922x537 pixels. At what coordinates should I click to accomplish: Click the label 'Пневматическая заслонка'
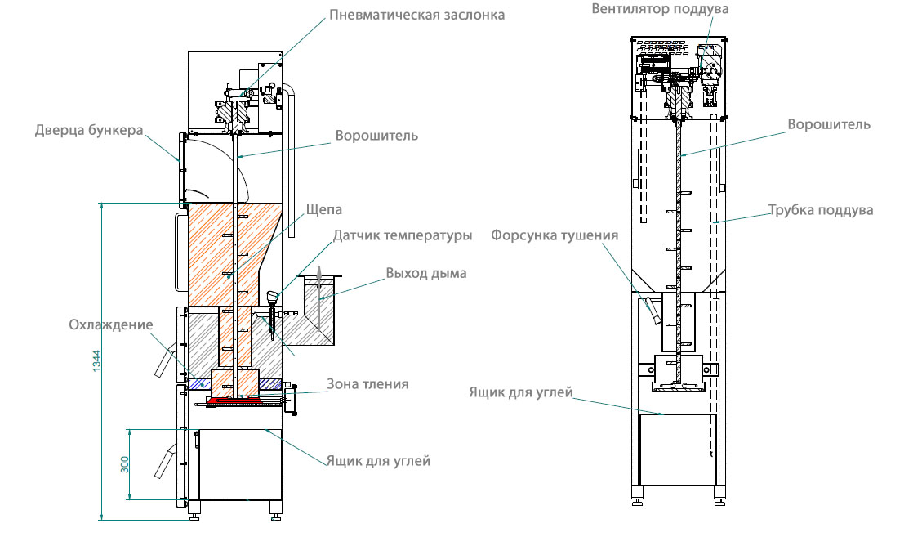pyautogui.click(x=416, y=14)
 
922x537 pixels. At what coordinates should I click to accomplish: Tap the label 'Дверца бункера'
pyautogui.click(x=89, y=130)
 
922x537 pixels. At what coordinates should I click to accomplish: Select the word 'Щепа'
pyautogui.click(x=323, y=209)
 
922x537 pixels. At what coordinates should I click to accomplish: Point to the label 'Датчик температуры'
pyautogui.click(x=402, y=235)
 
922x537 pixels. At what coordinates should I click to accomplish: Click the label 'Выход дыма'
pyautogui.click(x=425, y=273)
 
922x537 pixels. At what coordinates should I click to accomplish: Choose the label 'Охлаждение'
pyautogui.click(x=110, y=324)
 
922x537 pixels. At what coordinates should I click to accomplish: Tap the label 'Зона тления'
pyautogui.click(x=367, y=384)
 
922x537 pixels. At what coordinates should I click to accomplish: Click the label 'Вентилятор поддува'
pyautogui.click(x=660, y=10)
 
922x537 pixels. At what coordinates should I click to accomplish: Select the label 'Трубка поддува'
pyautogui.click(x=820, y=210)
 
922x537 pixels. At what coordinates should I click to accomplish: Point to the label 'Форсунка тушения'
pyautogui.click(x=555, y=235)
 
